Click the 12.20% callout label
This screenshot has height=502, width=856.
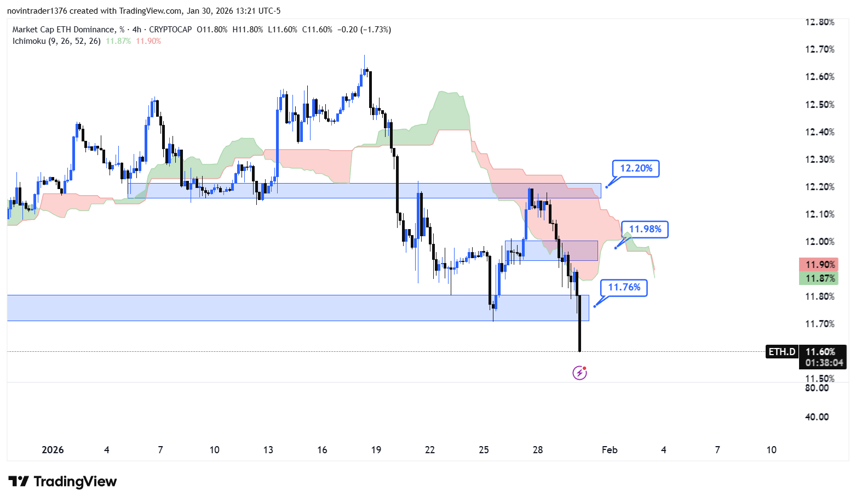tap(636, 169)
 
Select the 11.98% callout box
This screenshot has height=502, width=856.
tap(645, 230)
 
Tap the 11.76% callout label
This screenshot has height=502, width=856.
tap(624, 288)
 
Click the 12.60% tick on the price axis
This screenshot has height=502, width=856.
tap(819, 77)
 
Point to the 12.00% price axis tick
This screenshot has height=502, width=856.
tap(819, 242)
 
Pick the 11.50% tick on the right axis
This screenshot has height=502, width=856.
tap(819, 379)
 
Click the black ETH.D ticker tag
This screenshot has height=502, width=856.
tap(782, 352)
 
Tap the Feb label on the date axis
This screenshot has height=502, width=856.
tap(609, 450)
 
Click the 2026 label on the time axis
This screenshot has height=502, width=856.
tap(53, 450)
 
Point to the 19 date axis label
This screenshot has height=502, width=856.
tap(376, 450)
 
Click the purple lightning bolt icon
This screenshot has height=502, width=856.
tap(579, 373)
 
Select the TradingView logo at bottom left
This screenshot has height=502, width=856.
tap(62, 482)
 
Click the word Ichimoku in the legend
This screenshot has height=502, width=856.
tap(29, 41)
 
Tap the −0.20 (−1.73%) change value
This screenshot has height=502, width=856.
tap(364, 30)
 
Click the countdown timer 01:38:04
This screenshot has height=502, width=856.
tap(824, 363)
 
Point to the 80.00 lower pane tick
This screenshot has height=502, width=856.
tap(817, 388)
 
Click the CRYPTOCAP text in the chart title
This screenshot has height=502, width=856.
tap(170, 30)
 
